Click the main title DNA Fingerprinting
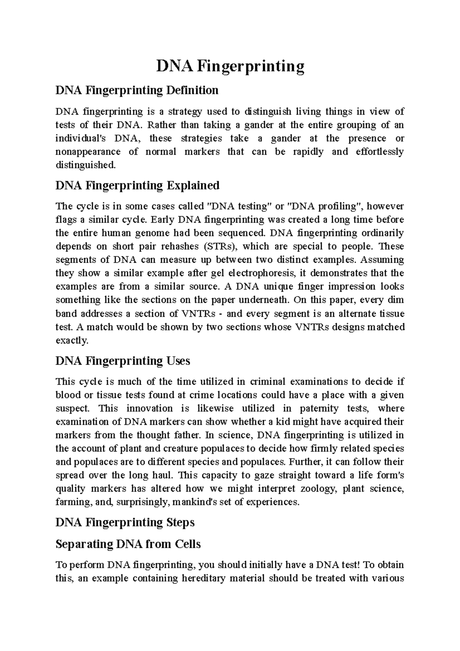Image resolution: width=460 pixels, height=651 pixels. pos(230,67)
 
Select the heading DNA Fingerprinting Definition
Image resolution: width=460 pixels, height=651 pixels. pos(137,90)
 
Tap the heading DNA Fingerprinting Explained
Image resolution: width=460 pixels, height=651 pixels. pos(137,186)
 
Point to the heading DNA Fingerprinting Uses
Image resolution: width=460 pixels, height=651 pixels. pos(123,361)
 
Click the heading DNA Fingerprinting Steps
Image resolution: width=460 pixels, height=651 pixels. pos(125,522)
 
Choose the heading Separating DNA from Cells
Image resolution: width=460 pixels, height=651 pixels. pos(128,544)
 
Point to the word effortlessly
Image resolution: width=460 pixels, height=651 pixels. pos(379,152)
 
